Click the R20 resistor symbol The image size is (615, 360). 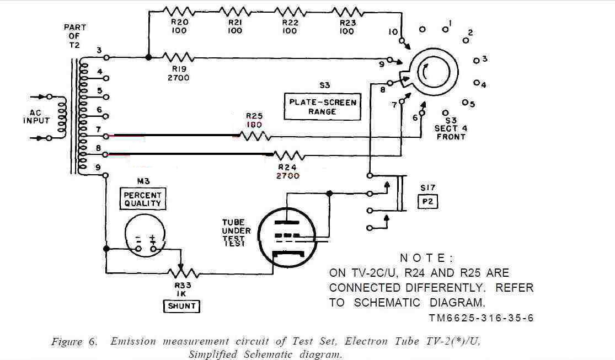(179, 11)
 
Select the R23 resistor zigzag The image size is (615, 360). (346, 11)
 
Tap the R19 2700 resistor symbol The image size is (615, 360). (179, 57)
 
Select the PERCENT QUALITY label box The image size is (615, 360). (143, 198)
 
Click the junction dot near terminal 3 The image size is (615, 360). (148, 57)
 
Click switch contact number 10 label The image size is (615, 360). (393, 32)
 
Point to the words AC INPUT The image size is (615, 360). (36, 116)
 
